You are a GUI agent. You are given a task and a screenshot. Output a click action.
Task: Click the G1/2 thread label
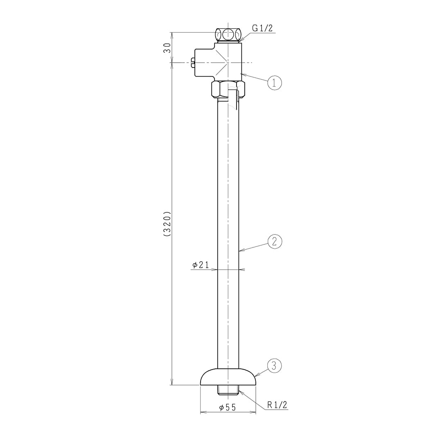(x=262, y=28)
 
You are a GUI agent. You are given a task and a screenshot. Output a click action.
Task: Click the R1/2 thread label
(x=277, y=405)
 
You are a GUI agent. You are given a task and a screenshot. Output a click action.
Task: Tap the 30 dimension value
(x=167, y=48)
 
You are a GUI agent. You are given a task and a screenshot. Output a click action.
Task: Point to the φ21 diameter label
(x=201, y=265)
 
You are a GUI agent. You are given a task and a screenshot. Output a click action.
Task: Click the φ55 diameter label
(x=228, y=407)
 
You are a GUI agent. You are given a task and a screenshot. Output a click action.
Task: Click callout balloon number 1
(x=275, y=83)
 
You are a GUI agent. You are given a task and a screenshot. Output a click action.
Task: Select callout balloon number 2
(x=275, y=241)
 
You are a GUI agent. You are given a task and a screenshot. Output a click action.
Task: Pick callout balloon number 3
(x=274, y=366)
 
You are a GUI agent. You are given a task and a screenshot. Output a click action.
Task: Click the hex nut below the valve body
(x=228, y=89)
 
